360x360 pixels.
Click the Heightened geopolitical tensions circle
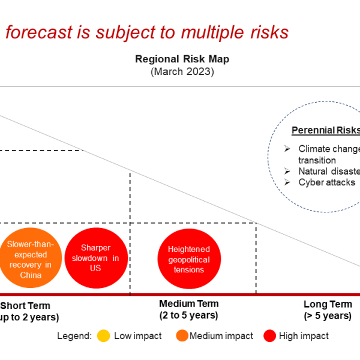(x=188, y=259)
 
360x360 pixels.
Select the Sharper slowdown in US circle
(x=95, y=259)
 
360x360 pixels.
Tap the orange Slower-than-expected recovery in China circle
(x=30, y=259)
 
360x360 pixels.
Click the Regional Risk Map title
(x=182, y=59)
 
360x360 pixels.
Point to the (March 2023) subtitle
(x=182, y=71)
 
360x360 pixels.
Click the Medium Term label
(x=188, y=304)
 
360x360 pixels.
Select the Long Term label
(x=328, y=304)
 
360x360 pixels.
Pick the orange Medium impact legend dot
(x=182, y=336)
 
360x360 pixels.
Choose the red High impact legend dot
(x=269, y=336)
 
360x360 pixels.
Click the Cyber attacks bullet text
(x=326, y=182)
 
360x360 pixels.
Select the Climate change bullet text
(x=329, y=149)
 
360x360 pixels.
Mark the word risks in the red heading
(x=268, y=32)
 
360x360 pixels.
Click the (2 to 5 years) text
(x=188, y=315)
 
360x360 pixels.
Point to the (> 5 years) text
(x=328, y=316)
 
